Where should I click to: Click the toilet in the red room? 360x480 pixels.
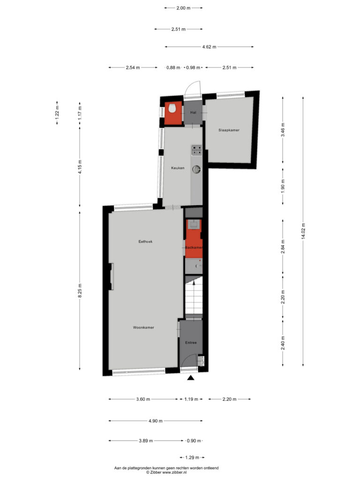click(x=172, y=108)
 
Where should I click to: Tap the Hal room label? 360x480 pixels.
click(x=193, y=112)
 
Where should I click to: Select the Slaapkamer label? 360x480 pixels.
click(x=229, y=130)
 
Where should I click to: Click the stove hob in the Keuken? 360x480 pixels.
click(x=197, y=150)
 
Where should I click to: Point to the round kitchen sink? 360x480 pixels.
click(x=196, y=169)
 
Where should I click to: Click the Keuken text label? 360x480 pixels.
click(x=178, y=168)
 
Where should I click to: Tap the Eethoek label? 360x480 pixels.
click(x=145, y=241)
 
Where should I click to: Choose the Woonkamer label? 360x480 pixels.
click(x=143, y=328)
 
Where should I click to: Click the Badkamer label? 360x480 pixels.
click(x=194, y=247)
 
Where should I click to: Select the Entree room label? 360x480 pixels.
click(x=191, y=343)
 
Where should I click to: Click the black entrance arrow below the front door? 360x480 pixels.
click(x=191, y=378)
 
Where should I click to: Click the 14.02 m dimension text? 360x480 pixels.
click(x=303, y=232)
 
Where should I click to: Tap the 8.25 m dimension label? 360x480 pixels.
click(x=80, y=291)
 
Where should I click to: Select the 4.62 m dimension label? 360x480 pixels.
click(x=210, y=47)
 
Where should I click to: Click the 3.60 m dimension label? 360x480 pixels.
click(x=143, y=399)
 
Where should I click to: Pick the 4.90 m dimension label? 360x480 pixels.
click(x=156, y=421)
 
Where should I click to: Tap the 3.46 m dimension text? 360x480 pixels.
click(x=283, y=130)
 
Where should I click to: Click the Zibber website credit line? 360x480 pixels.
click(x=166, y=472)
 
